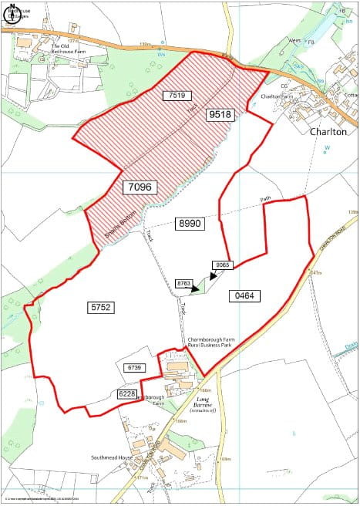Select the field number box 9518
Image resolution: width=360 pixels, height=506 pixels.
point(219,114)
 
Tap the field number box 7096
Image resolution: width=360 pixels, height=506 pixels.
point(139,187)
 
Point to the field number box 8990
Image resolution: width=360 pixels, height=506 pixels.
point(189,223)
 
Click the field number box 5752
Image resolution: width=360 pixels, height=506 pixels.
point(101,306)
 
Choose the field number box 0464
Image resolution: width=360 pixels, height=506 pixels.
point(246,295)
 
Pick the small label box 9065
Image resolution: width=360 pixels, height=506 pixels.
point(224,265)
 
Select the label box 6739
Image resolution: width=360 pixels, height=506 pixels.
point(136,367)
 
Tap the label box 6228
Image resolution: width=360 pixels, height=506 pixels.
point(127,394)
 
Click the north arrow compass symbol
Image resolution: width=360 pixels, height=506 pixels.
point(13,14)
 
